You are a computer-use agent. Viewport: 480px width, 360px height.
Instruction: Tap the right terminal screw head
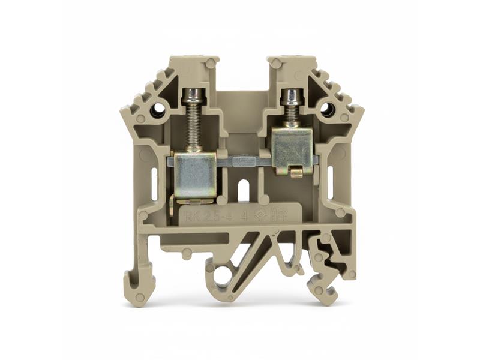click(x=292, y=95)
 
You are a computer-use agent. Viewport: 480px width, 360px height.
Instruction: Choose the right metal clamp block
click(x=292, y=150)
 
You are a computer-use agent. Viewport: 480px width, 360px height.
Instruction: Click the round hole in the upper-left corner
click(x=158, y=110)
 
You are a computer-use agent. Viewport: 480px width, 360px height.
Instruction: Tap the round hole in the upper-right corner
click(x=327, y=110)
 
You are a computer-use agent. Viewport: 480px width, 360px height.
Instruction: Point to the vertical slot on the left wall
click(x=154, y=179)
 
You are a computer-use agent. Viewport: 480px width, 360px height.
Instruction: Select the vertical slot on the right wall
click(x=330, y=178)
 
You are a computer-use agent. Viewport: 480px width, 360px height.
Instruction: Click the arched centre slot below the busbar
click(x=244, y=190)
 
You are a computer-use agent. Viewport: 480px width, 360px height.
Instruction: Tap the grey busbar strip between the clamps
click(x=244, y=161)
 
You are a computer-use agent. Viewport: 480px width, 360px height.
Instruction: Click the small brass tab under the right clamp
click(x=295, y=173)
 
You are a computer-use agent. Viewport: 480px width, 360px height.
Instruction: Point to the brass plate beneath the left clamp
click(x=193, y=200)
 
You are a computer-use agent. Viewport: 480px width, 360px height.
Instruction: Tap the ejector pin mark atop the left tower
click(x=211, y=63)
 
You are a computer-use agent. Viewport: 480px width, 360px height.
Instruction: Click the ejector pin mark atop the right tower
click(x=277, y=63)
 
